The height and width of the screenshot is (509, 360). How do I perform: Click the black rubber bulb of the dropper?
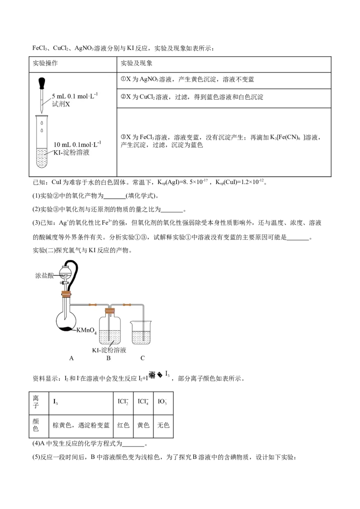(42, 83)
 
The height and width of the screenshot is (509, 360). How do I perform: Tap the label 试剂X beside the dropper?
(61, 104)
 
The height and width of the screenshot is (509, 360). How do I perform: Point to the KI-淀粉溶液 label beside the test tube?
(71, 152)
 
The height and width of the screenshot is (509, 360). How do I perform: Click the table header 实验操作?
(45, 63)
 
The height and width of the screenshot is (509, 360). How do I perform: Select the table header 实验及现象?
(136, 63)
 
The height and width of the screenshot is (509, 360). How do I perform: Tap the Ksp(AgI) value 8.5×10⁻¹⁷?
(192, 182)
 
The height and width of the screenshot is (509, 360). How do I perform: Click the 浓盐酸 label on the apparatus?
(44, 276)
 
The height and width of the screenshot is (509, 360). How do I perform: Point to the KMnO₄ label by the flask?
(86, 330)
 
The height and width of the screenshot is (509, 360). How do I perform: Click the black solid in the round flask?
(67, 329)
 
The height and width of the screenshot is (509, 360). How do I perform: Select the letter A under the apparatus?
(72, 358)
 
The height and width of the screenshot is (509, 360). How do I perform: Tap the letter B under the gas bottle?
(108, 358)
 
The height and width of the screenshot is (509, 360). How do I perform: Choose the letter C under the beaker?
(142, 358)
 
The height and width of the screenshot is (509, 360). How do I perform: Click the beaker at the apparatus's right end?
(141, 333)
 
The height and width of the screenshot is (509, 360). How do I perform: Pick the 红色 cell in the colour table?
(123, 425)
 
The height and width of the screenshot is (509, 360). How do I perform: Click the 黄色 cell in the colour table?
(143, 425)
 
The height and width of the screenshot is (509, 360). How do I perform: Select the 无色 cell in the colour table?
(163, 425)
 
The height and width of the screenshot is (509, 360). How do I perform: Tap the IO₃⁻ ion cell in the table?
(162, 402)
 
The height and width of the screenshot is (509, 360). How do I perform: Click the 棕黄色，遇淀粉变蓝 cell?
(81, 425)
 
